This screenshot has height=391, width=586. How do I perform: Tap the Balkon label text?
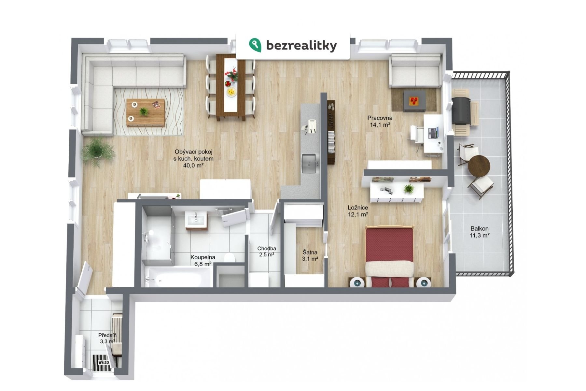(x=480, y=229)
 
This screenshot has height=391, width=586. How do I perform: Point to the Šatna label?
(x=310, y=252)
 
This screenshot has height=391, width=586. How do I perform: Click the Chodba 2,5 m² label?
(x=267, y=252)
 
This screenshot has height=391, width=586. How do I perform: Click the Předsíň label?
(x=107, y=335)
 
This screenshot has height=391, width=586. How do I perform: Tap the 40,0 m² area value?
(x=193, y=166)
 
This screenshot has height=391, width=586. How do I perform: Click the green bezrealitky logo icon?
(x=255, y=45)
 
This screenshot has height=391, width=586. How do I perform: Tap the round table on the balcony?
(x=479, y=166)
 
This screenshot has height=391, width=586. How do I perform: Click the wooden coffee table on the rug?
(x=146, y=112)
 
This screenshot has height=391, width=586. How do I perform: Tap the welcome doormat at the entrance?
(x=102, y=362)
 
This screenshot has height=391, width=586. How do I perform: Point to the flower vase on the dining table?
(x=232, y=75)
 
